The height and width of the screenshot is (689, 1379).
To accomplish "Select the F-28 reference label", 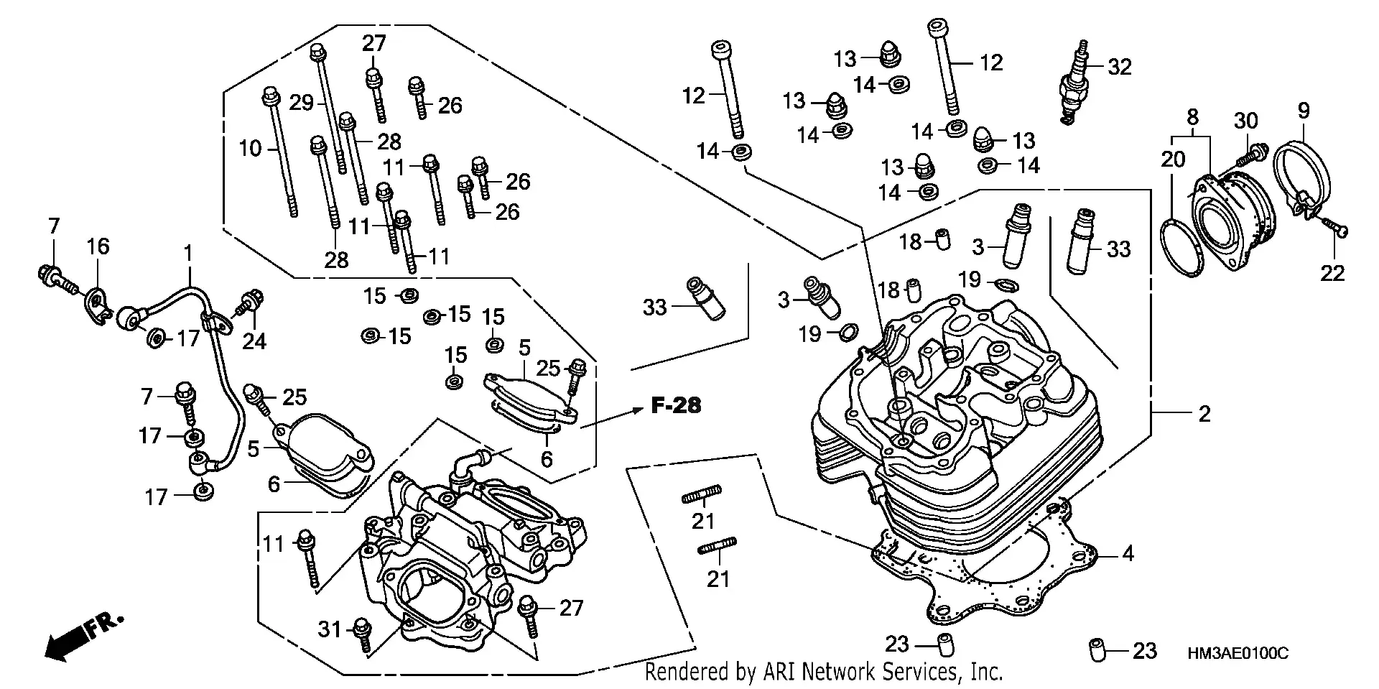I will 675,406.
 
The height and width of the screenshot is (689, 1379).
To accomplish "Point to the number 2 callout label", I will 1204,414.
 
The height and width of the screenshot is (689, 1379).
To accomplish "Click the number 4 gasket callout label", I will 1128,553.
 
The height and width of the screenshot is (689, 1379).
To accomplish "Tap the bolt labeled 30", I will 1253,154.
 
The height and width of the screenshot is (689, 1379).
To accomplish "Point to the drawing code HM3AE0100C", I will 1238,654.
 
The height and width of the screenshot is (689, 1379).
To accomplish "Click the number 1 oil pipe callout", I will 188,253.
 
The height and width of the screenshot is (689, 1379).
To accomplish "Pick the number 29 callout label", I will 302,103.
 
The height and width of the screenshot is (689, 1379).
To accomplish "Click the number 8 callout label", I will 1192,116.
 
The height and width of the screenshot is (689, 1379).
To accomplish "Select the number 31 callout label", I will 330,630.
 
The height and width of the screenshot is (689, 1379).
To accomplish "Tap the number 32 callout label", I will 1120,67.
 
